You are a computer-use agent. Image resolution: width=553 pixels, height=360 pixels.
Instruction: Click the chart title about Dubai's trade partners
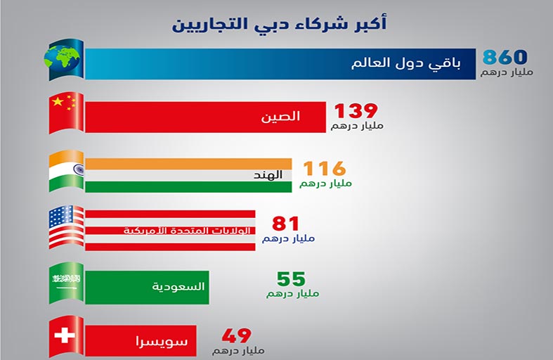coord(280,24)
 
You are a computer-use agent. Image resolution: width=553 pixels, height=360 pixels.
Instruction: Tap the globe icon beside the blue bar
coord(62,58)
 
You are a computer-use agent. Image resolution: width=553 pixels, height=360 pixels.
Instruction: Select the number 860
coord(505,57)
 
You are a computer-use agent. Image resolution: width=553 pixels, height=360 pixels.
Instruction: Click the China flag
coord(66,113)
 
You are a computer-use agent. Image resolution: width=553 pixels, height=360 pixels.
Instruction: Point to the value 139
coord(356,111)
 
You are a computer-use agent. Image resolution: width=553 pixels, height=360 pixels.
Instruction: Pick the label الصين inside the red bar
coord(280,117)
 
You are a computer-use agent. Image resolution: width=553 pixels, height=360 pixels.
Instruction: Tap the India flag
coord(66,171)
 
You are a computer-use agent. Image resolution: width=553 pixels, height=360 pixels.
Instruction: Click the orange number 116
coord(325,168)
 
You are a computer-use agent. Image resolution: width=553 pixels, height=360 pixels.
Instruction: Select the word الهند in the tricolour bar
coord(268,174)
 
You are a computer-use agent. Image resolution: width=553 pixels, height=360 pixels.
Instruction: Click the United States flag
coord(66,227)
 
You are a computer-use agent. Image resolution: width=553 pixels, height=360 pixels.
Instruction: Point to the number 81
coord(285,224)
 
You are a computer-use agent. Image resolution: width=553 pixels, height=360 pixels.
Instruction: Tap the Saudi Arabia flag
coord(66,283)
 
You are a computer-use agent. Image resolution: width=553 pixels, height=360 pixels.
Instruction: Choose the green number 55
coord(291,279)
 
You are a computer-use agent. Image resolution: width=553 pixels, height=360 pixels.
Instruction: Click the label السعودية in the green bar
coord(178,286)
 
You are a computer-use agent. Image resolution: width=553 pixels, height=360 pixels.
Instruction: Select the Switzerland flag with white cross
coord(66,337)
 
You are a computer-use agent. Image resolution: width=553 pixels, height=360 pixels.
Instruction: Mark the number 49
coord(236,335)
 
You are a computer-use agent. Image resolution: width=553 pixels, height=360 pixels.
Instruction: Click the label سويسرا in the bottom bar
coord(162,342)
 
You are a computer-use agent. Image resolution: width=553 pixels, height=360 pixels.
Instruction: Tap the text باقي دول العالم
coord(405,64)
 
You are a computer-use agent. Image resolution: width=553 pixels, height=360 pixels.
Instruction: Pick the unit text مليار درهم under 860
coord(507,72)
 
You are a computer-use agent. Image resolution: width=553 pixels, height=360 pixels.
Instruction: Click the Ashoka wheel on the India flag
coord(79,169)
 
